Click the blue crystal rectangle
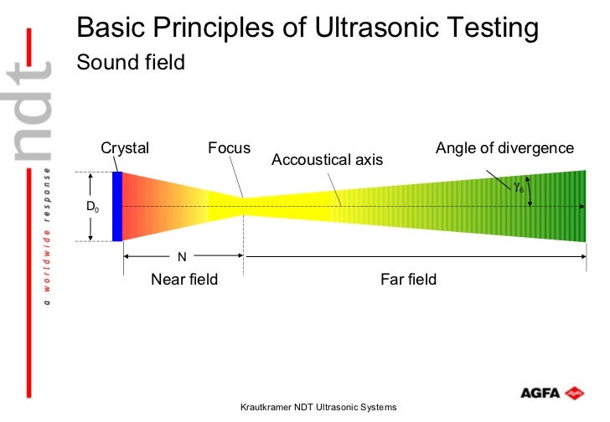(117, 206)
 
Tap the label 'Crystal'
(125, 148)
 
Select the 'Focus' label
(229, 148)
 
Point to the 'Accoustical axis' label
(328, 159)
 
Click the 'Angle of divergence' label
(504, 148)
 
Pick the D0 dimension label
(92, 207)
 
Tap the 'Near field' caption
(184, 279)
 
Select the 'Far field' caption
(409, 279)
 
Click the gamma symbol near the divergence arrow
(519, 188)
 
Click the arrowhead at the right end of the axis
(581, 206)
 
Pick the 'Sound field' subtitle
(131, 63)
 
